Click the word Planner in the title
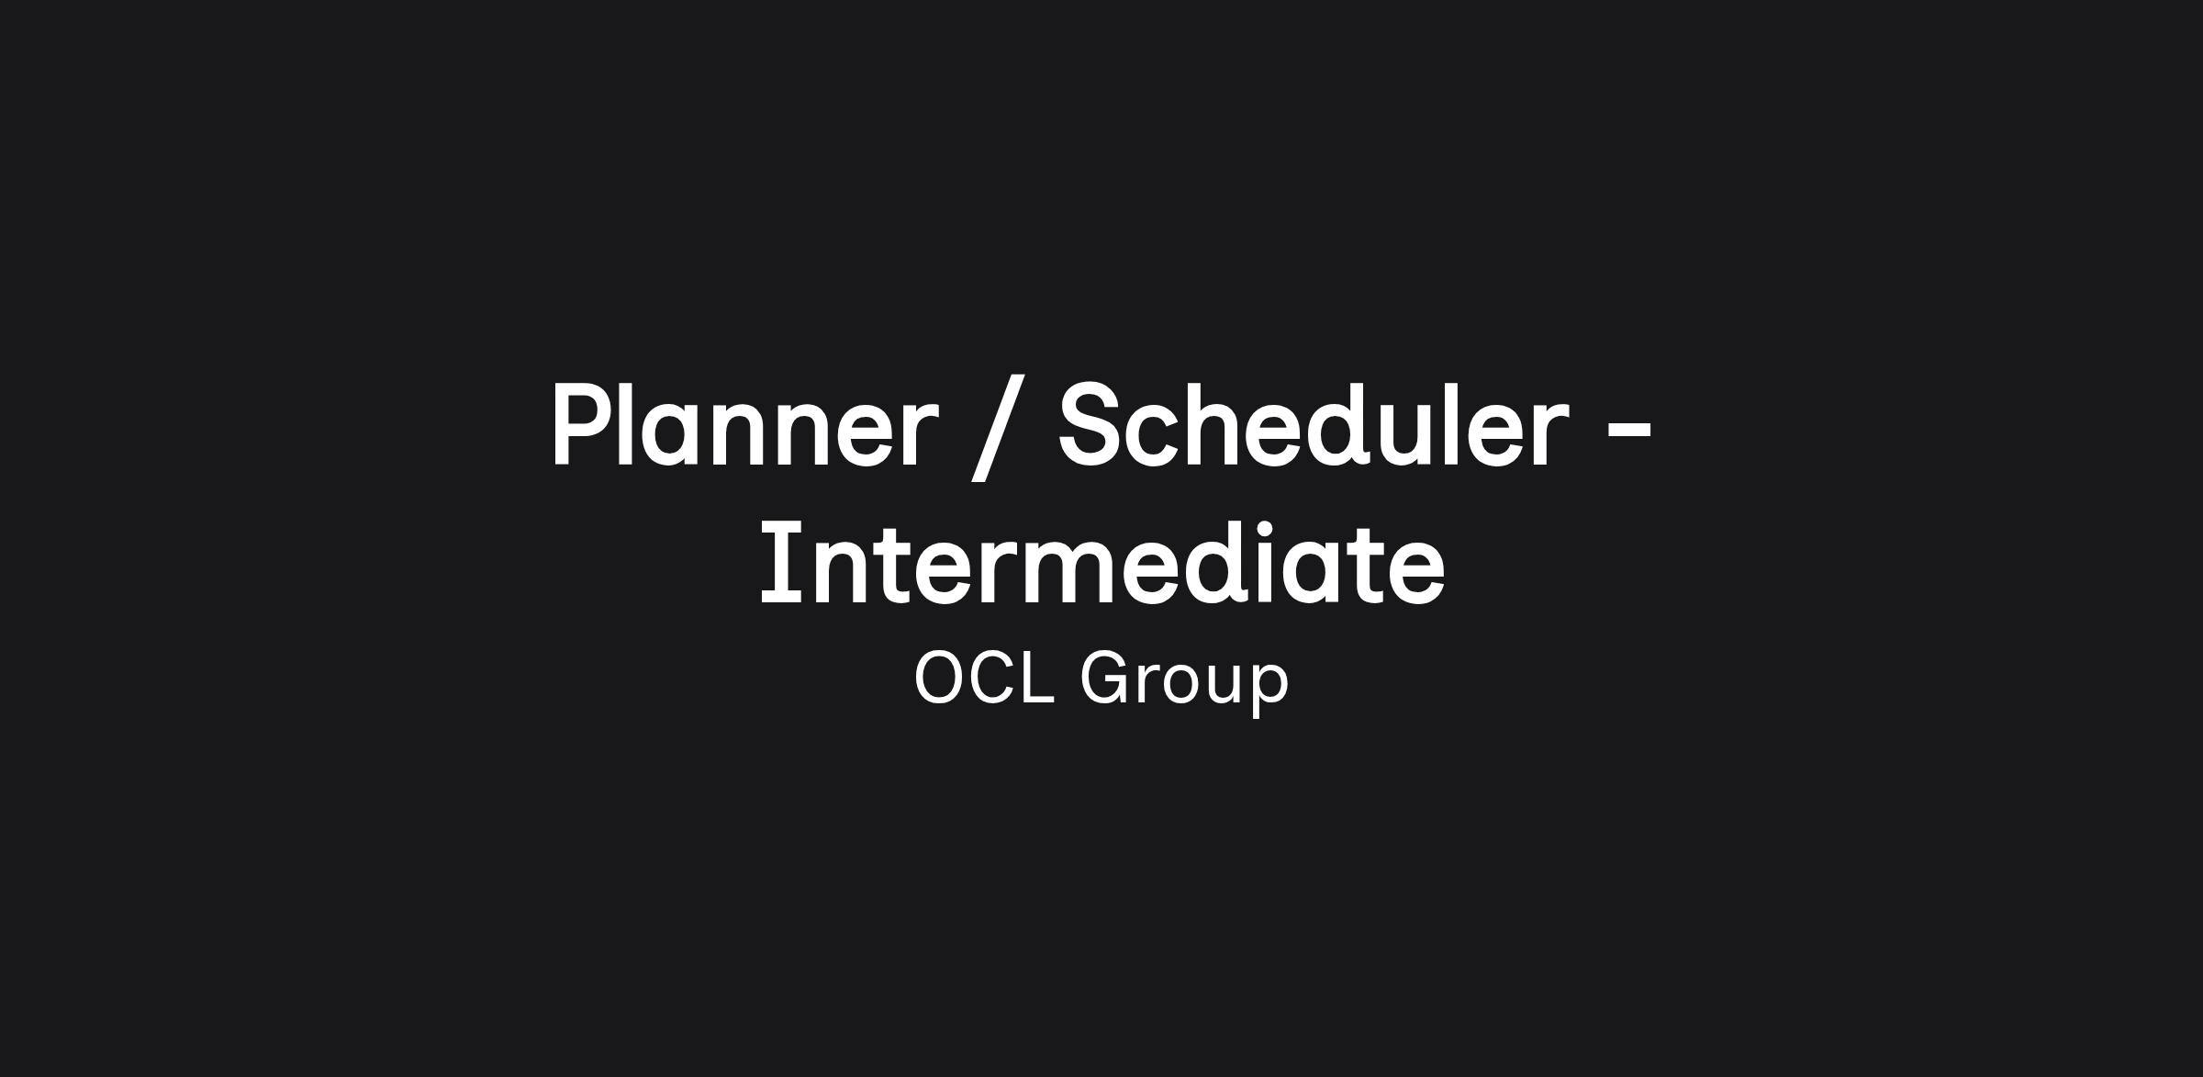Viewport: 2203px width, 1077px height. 744,425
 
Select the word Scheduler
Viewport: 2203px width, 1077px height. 1314,425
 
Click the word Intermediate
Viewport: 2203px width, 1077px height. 1102,562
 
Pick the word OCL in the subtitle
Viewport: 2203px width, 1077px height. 983,678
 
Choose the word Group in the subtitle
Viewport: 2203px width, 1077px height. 1185,681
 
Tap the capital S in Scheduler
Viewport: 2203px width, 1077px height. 1093,425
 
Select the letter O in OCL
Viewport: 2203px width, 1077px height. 942,678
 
